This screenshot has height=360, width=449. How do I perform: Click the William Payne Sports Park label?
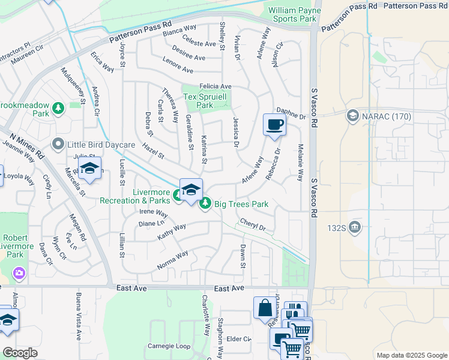[x=292, y=14]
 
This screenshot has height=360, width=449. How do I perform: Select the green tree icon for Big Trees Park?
[x=205, y=204]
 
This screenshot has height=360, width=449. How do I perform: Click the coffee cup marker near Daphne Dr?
[x=274, y=125]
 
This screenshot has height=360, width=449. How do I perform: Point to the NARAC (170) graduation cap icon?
[x=352, y=115]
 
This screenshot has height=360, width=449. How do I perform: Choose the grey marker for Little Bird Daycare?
[x=58, y=144]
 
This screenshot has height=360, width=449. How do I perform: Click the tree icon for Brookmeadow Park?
[x=58, y=109]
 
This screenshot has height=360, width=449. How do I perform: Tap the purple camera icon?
[x=19, y=273]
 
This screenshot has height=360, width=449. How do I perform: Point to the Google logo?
[x=20, y=353]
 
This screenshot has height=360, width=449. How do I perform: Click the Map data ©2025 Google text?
[x=412, y=355]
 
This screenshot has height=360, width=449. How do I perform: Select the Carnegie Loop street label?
[x=169, y=346]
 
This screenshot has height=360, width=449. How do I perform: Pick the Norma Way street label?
[x=173, y=260]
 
